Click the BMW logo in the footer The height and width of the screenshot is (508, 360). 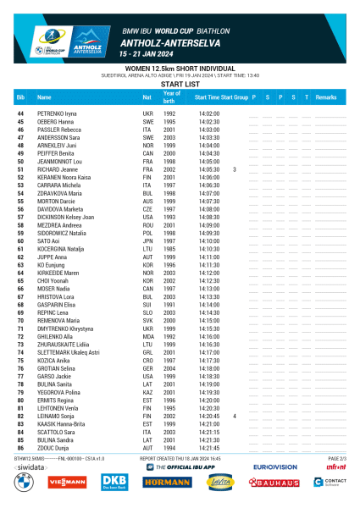[x=20, y=482]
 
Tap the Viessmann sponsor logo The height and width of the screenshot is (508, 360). [x=68, y=482]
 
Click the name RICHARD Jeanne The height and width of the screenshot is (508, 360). [x=58, y=170]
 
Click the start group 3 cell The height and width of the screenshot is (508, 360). [x=234, y=170]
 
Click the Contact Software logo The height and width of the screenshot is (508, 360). [x=330, y=482]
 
